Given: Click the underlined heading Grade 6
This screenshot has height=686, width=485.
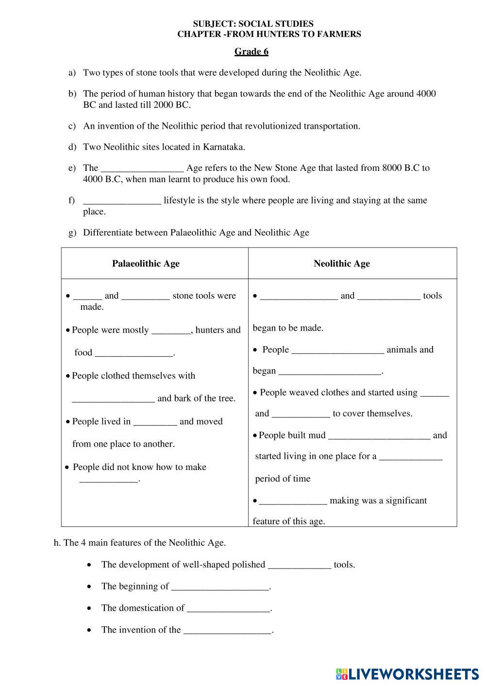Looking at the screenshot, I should click(251, 51).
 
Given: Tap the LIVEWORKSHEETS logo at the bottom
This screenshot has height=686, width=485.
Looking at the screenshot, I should click(407, 673).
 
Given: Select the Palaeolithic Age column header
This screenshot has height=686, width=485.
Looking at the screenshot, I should click(146, 264).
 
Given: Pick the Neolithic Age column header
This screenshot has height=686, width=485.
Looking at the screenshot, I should click(341, 264).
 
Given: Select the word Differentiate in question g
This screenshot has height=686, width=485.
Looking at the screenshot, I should click(108, 233).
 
